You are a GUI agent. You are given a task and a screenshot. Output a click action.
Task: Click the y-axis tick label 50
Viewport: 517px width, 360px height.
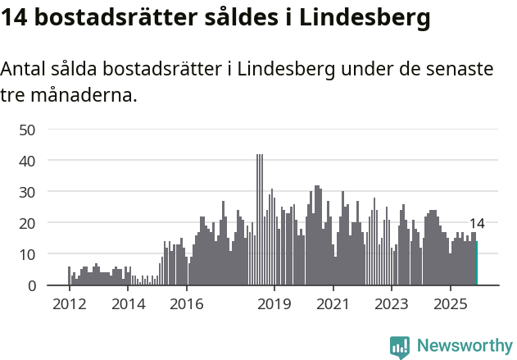(26, 130)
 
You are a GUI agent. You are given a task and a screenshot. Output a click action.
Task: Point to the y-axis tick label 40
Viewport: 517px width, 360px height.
(26, 161)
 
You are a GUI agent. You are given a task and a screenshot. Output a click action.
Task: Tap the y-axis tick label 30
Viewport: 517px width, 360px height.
(26, 192)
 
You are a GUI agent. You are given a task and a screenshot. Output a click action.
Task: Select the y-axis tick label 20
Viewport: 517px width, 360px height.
(26, 223)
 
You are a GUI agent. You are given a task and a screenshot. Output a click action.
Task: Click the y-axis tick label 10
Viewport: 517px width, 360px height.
(26, 254)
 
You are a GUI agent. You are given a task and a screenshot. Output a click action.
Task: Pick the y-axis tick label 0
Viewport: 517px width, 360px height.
(31, 285)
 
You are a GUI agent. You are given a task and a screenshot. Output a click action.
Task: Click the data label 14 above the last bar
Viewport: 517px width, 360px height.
(477, 224)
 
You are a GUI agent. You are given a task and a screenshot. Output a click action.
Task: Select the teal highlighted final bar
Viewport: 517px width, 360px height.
(476, 263)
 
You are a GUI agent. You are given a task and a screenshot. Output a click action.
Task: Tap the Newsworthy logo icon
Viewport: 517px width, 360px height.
(400, 347)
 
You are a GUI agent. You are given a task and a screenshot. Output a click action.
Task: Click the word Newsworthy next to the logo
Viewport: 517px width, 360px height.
(464, 346)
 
